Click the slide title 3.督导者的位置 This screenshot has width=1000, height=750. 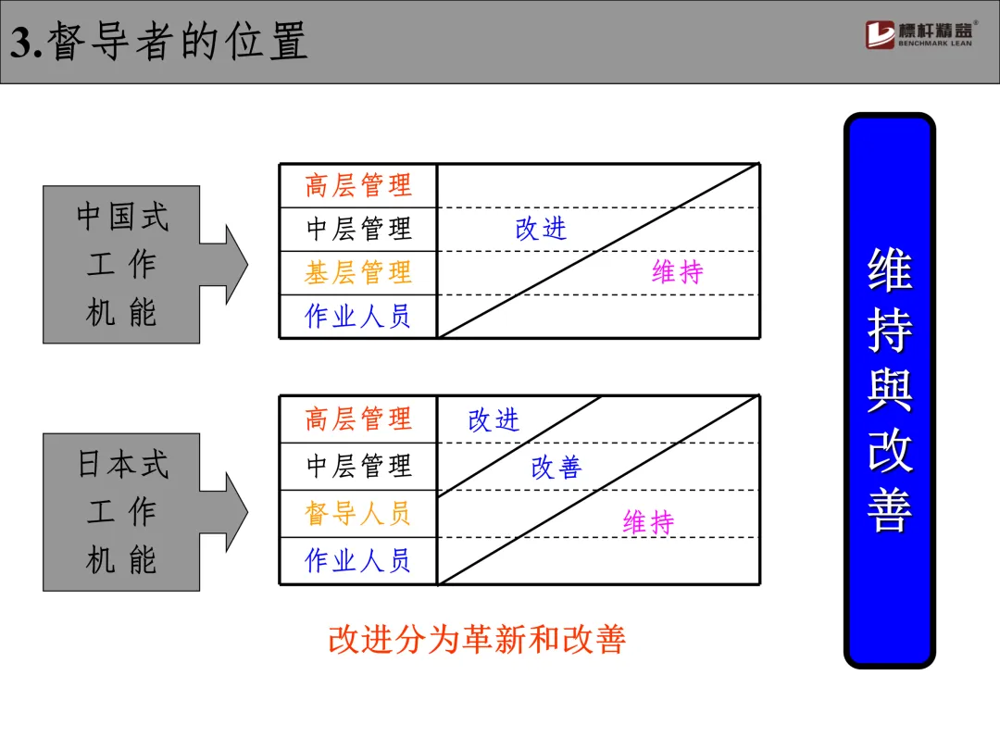point(158,42)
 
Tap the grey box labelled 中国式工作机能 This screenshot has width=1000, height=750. point(122,265)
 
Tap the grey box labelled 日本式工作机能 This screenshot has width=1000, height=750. point(122,512)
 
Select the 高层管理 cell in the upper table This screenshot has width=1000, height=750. point(358,186)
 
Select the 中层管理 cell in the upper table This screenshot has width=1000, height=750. point(358,229)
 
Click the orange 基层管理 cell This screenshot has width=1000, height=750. point(358,273)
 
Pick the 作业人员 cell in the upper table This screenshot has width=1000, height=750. point(358,317)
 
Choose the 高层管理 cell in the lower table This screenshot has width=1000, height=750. point(358,419)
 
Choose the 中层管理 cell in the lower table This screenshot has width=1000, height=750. point(358,466)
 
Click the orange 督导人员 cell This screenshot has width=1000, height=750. point(358,514)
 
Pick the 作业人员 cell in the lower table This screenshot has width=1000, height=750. point(358,561)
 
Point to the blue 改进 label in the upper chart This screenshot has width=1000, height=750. point(541,229)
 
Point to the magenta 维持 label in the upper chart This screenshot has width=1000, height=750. point(678,272)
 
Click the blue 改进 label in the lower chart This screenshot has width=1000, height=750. point(494,420)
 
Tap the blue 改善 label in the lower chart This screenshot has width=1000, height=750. point(556,469)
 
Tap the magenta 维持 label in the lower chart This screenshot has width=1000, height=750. point(648,523)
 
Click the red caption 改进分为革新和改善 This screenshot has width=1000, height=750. point(477,640)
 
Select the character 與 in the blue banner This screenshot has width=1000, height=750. point(889,390)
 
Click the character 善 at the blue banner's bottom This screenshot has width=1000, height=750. point(889,510)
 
